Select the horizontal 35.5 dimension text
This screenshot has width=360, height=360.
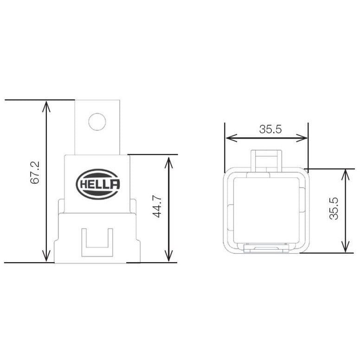click(x=270, y=130)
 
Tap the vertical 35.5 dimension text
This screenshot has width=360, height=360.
click(x=334, y=209)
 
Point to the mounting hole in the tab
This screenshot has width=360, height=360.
click(x=97, y=122)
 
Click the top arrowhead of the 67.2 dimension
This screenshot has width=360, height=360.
click(x=45, y=104)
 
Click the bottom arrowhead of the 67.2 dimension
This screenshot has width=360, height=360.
click(x=45, y=258)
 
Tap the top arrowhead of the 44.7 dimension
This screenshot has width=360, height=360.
click(x=169, y=159)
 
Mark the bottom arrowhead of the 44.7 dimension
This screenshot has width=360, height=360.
click(x=169, y=258)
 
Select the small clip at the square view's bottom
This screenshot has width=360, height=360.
click(x=265, y=249)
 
